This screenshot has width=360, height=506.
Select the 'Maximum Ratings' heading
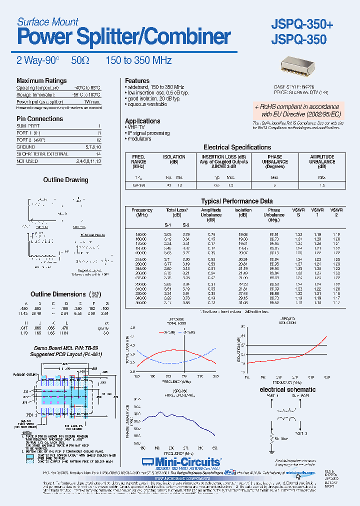click(x=41, y=81)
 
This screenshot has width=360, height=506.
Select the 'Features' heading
click(x=137, y=81)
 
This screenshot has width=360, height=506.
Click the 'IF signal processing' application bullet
click(x=148, y=133)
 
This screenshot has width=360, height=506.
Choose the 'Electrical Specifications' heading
click(x=237, y=147)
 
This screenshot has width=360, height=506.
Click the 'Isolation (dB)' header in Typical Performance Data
click(x=243, y=212)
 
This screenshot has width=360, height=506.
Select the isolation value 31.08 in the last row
click(x=243, y=303)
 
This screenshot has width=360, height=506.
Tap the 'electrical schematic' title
click(x=287, y=389)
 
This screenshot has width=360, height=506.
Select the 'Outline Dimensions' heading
click(x=58, y=294)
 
